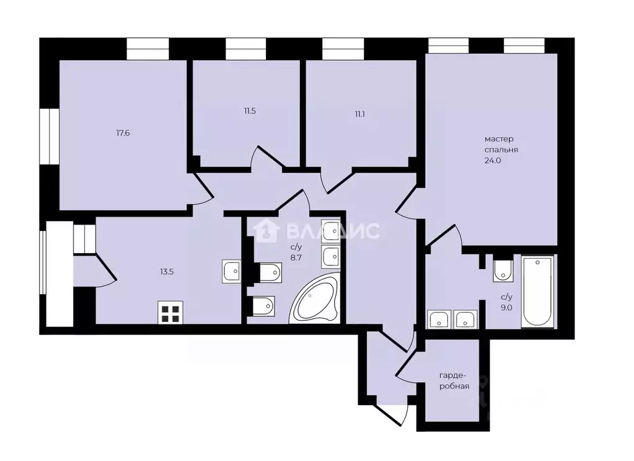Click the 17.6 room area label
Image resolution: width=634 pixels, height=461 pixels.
point(123,133)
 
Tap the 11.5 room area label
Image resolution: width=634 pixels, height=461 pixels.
point(250,111)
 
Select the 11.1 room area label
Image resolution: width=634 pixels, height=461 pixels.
point(360,114)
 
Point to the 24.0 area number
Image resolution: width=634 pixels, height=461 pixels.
point(493,160)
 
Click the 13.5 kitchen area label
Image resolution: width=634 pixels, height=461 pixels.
point(167,272)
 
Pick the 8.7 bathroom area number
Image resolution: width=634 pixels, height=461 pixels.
point(296,257)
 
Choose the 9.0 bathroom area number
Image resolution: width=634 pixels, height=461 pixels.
point(506,308)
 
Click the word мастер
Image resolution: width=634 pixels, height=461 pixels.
point(500,139)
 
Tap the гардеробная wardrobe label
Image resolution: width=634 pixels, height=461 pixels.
point(454,380)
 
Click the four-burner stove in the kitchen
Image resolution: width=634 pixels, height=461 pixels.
point(170,313)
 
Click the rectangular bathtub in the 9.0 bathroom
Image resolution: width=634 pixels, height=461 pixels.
point(537,292)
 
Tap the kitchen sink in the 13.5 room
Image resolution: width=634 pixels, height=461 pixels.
point(232,272)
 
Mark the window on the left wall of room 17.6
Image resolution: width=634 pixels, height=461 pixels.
point(50,136)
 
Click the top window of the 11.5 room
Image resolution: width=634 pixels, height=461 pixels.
point(246,49)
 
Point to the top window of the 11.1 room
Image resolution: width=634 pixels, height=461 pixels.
point(343,49)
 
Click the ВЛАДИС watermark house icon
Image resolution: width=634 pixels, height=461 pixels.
point(266,231)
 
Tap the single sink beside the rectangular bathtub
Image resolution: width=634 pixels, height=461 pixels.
point(503,271)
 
